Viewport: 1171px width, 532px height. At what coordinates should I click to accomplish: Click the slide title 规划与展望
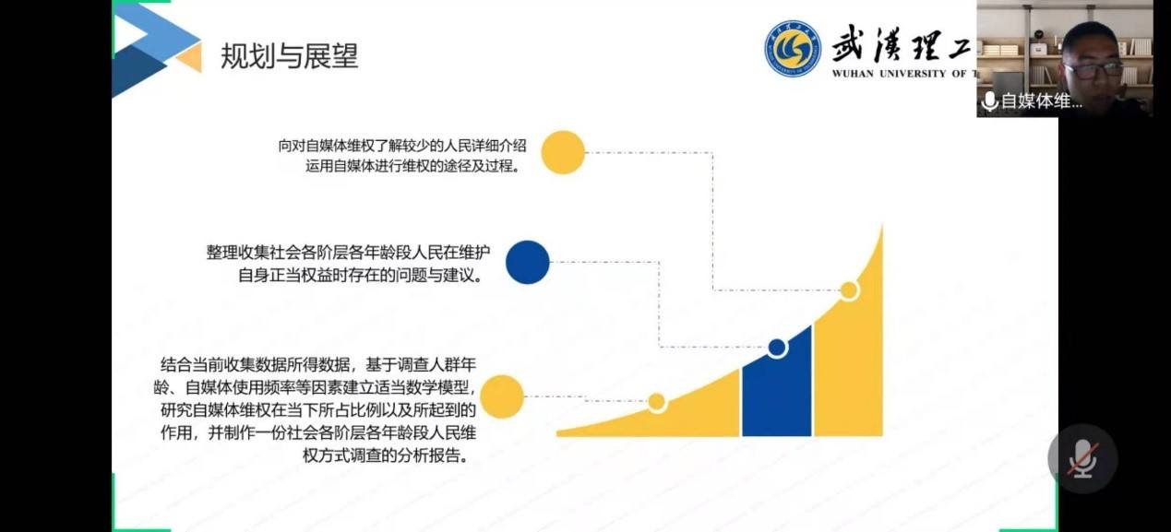click(289, 57)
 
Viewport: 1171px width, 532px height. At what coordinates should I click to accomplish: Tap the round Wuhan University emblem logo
click(792, 48)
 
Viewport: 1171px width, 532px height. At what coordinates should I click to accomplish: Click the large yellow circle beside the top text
click(562, 153)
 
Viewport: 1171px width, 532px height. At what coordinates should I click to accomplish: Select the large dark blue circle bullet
click(528, 262)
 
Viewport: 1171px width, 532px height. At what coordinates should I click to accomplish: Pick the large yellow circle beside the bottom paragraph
click(502, 397)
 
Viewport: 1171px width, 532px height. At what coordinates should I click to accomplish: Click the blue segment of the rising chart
click(777, 387)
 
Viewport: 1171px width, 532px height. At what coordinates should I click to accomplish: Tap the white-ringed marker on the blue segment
click(777, 348)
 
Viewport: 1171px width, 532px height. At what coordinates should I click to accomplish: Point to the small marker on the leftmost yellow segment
click(657, 402)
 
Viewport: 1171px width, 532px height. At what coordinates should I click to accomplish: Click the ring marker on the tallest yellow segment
click(849, 291)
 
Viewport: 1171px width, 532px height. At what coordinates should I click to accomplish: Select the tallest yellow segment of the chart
click(849, 369)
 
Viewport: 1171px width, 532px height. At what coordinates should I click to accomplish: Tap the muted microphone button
click(1081, 458)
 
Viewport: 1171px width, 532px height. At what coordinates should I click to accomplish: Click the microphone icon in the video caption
click(989, 101)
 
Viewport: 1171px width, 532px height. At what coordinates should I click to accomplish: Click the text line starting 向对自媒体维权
click(402, 146)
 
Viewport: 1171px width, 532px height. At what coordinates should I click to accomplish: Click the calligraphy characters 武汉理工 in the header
click(900, 41)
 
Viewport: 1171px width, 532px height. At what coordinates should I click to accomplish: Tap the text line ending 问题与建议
click(360, 276)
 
